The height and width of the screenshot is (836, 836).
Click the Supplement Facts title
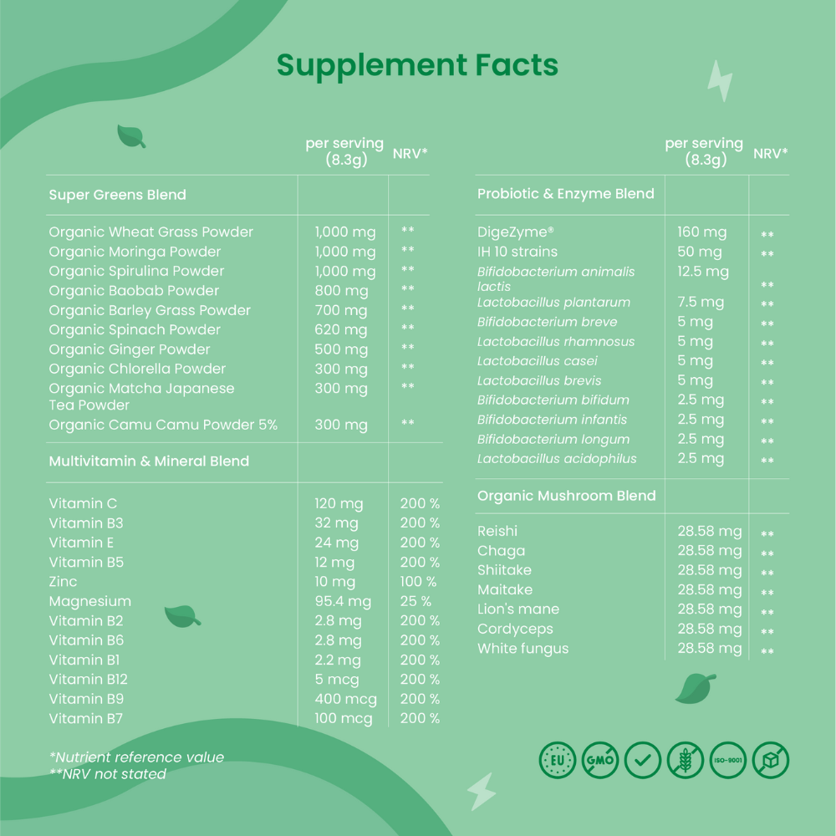[417, 65]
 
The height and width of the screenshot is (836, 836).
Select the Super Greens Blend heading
[117, 195]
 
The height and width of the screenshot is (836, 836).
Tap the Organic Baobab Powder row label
[134, 291]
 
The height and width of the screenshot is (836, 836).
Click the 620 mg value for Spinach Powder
[340, 330]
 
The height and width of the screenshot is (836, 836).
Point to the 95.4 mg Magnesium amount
[343, 601]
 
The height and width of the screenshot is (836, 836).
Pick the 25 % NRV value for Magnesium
[415, 601]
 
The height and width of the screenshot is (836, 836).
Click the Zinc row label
[63, 582]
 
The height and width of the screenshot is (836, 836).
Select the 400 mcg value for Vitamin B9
[345, 699]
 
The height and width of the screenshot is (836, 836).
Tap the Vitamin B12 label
[88, 680]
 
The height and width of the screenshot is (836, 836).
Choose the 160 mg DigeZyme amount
[701, 232]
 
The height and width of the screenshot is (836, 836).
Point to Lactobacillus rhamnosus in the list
[555, 342]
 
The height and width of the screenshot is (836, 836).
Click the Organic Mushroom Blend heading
[566, 496]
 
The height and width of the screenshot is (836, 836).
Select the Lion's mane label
[517, 609]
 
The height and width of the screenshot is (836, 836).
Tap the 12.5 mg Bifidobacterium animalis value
[702, 272]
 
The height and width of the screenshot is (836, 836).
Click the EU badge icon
[557, 761]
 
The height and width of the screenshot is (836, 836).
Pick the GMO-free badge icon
[599, 761]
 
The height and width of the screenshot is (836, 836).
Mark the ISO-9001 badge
[727, 761]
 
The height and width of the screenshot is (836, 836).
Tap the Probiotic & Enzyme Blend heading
[565, 194]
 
